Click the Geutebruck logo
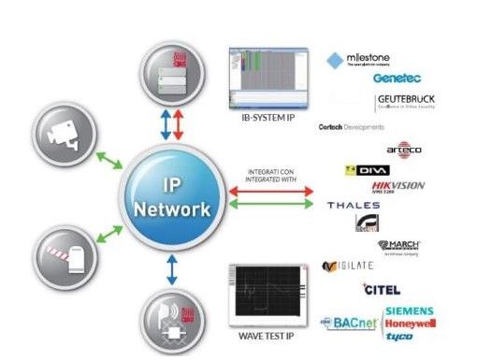pyautogui.click(x=405, y=102)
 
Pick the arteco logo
pyautogui.click(x=404, y=150)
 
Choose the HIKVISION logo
pyautogui.click(x=398, y=186)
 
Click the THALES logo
pyautogui.click(x=353, y=205)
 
